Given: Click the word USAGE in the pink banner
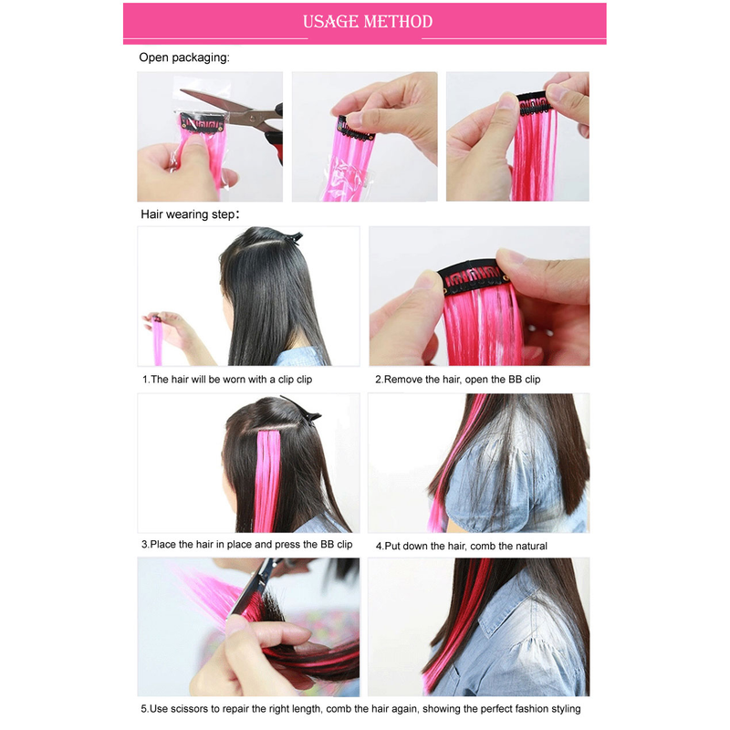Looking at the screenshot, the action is click(x=330, y=21).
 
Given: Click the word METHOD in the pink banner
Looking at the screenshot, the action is click(x=398, y=21).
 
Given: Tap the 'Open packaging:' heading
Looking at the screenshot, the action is click(x=184, y=57).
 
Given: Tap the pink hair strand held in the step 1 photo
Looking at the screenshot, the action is click(x=157, y=339).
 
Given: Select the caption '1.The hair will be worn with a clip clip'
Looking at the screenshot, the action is click(x=227, y=380).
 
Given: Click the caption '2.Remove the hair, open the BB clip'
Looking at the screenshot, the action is click(x=458, y=380).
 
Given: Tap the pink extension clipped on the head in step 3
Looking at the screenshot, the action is click(x=267, y=481).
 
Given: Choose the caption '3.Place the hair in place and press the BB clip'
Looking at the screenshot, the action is click(x=246, y=544).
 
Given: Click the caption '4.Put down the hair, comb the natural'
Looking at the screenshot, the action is click(x=462, y=546).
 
